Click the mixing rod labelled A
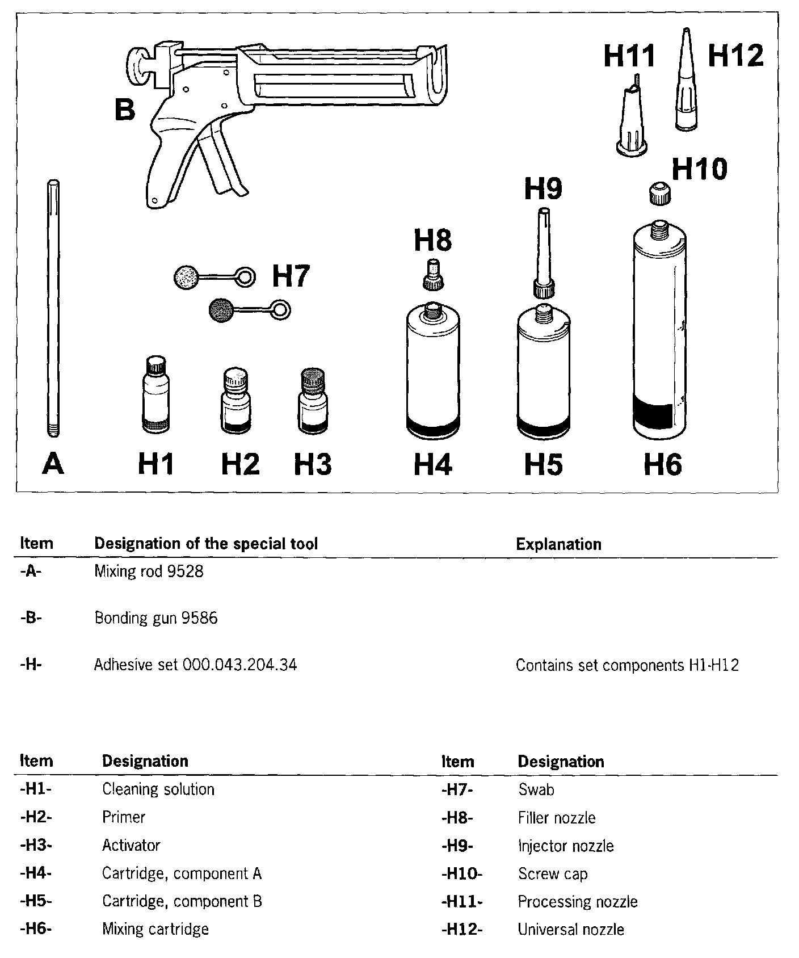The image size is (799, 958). point(53,306)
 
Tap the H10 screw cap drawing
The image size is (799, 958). point(658,193)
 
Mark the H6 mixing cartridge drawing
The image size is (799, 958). point(659,335)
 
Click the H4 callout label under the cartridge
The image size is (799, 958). point(433,464)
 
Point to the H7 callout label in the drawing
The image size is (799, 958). point(291,276)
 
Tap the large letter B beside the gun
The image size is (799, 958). point(125,110)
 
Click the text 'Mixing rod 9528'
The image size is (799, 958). point(149,572)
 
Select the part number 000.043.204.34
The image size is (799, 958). point(239,665)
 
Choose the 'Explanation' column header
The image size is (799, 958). point(558,544)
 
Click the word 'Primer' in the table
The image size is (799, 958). point(124,817)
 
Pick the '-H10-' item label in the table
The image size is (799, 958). point(462,873)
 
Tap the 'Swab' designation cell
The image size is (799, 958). point(536,789)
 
